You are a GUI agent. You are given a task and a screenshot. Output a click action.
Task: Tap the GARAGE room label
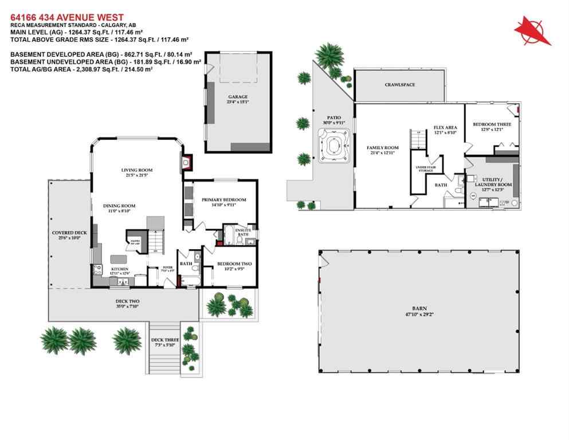237,97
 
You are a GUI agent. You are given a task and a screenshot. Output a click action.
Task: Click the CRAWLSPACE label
399,85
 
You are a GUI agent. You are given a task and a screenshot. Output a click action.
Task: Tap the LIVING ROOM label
136,170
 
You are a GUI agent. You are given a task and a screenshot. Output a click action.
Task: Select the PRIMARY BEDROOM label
223,200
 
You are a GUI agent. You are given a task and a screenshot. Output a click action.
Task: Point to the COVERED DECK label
69,233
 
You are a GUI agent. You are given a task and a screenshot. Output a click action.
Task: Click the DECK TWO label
127,301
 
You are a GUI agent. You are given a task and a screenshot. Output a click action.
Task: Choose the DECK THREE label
165,340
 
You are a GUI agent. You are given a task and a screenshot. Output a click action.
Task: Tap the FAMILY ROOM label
382,148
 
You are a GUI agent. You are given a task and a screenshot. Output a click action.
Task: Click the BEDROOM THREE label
488,124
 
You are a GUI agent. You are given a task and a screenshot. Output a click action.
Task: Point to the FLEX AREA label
445,127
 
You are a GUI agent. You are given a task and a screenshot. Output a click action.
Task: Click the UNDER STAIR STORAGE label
424,168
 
